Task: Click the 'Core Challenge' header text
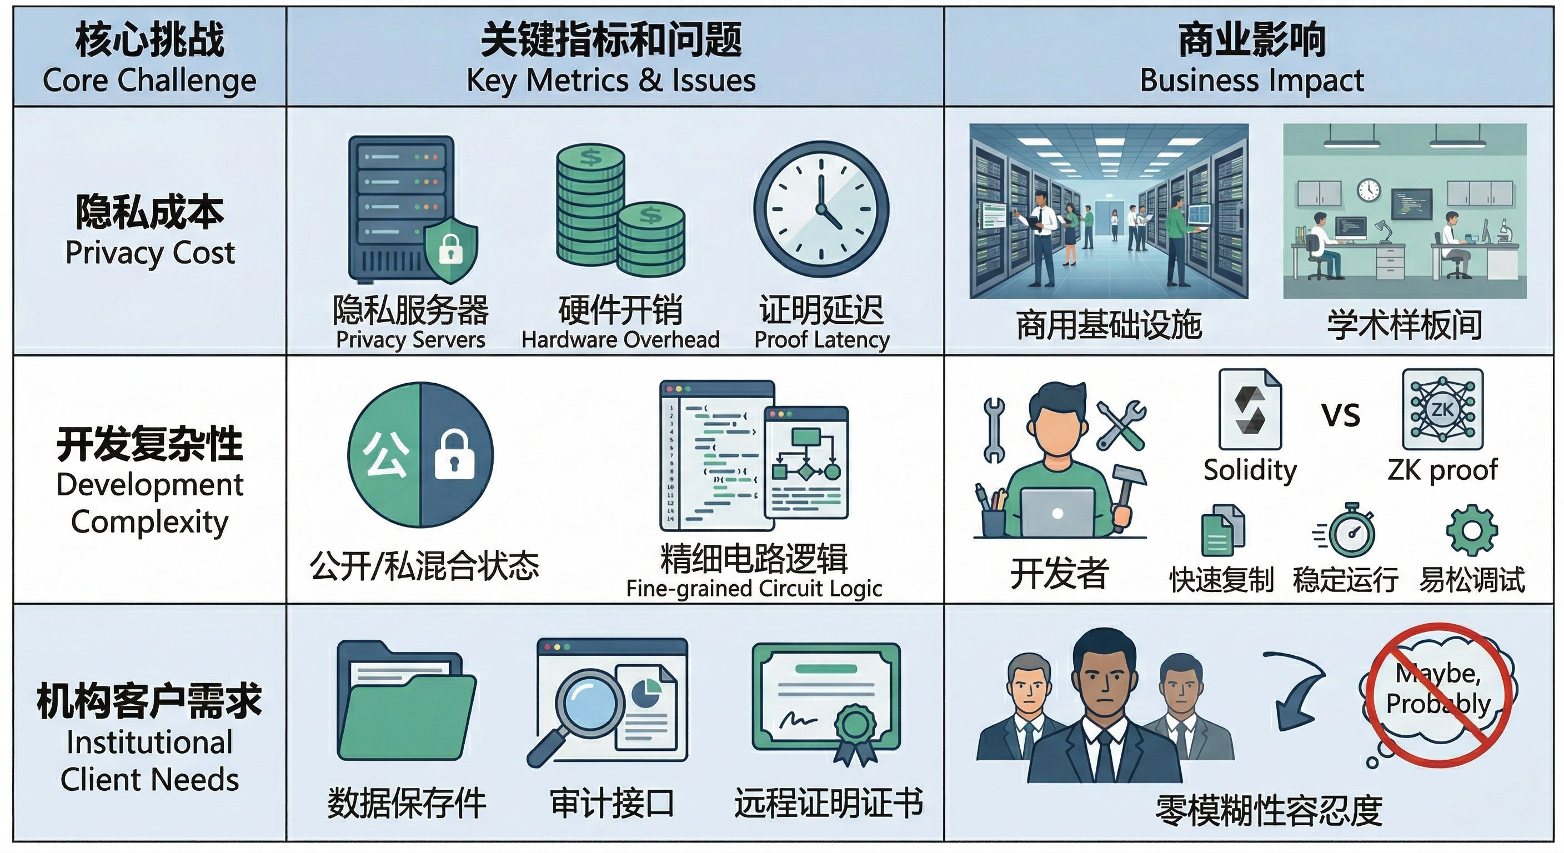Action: pyautogui.click(x=149, y=80)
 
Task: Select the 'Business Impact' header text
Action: pyautogui.click(x=1252, y=80)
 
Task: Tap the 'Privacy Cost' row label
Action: pyautogui.click(x=150, y=253)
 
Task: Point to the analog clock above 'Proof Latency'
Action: pyautogui.click(x=821, y=209)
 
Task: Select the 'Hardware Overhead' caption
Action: pyautogui.click(x=620, y=340)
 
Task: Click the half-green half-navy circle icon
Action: pyautogui.click(x=420, y=455)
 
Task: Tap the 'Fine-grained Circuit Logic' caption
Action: pyautogui.click(x=754, y=588)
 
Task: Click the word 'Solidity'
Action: pyautogui.click(x=1250, y=470)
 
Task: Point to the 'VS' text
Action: pyautogui.click(x=1341, y=416)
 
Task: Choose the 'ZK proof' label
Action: pyautogui.click(x=1442, y=470)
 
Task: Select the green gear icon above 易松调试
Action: pyautogui.click(x=1472, y=530)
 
